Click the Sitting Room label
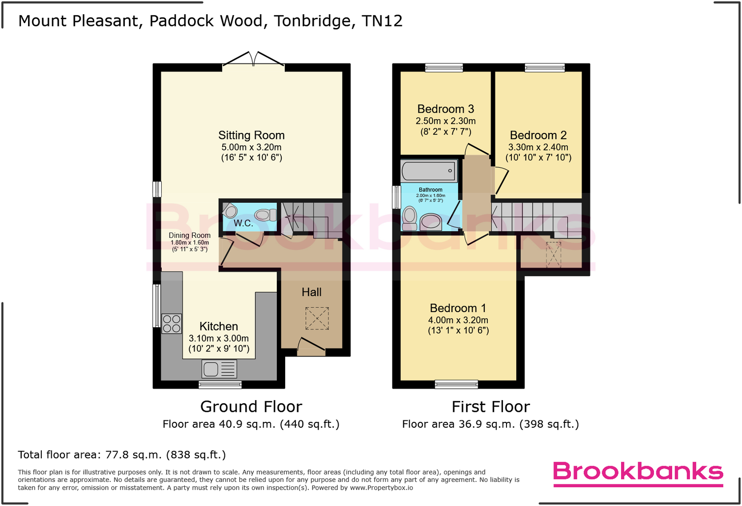251,135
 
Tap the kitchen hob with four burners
172,323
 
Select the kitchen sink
219,369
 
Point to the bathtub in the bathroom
429,171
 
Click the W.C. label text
243,223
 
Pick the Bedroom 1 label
458,308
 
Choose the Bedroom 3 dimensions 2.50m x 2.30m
445,121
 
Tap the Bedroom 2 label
538,135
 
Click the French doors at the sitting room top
253,59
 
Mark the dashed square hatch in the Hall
317,318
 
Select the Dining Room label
189,235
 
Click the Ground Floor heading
251,407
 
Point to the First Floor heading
490,407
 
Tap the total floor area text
122,455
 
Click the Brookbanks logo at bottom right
638,473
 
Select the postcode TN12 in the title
382,21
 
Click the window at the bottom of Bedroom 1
456,384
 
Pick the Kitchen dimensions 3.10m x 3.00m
219,339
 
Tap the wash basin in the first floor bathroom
431,221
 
